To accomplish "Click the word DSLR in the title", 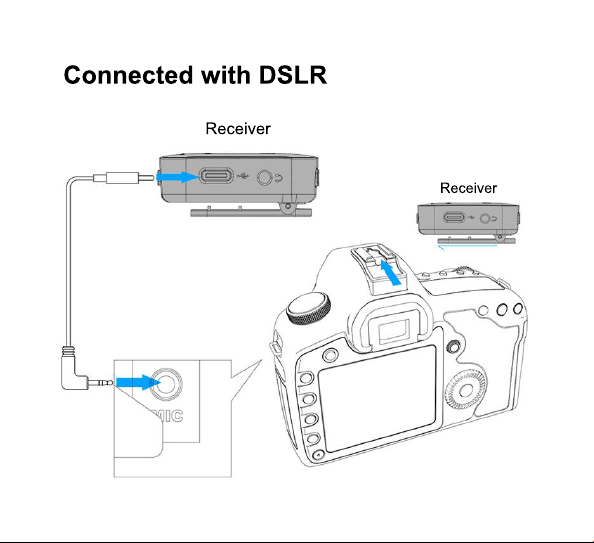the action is pos(292,75).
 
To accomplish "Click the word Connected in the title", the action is pos(128,75).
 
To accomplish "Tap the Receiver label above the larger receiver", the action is pos(238,129).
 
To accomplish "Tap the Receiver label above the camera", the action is pos(468,188).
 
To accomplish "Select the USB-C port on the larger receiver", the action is pos(216,176).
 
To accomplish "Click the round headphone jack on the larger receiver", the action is pos(264,177).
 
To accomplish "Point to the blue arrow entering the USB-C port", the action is pos(178,177).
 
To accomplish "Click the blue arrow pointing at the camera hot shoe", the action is pos(391,272).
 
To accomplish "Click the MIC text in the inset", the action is pos(167,416).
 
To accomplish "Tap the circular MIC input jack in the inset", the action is pos(166,383).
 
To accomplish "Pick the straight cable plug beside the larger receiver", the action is pos(123,177).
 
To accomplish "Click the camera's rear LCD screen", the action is pos(377,398).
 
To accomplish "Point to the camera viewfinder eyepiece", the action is pos(393,328).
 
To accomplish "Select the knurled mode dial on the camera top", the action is pos(308,308).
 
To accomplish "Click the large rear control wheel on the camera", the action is pos(466,389).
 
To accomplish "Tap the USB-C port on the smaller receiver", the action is pos(454,218).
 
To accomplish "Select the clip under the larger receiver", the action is pos(251,211).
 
